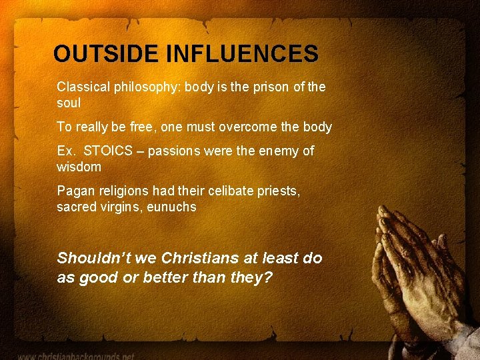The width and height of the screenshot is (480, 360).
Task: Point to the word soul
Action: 69,103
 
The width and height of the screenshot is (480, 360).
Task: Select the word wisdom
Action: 79,167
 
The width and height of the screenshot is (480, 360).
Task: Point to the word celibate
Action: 233,191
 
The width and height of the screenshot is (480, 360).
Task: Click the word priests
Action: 281,191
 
